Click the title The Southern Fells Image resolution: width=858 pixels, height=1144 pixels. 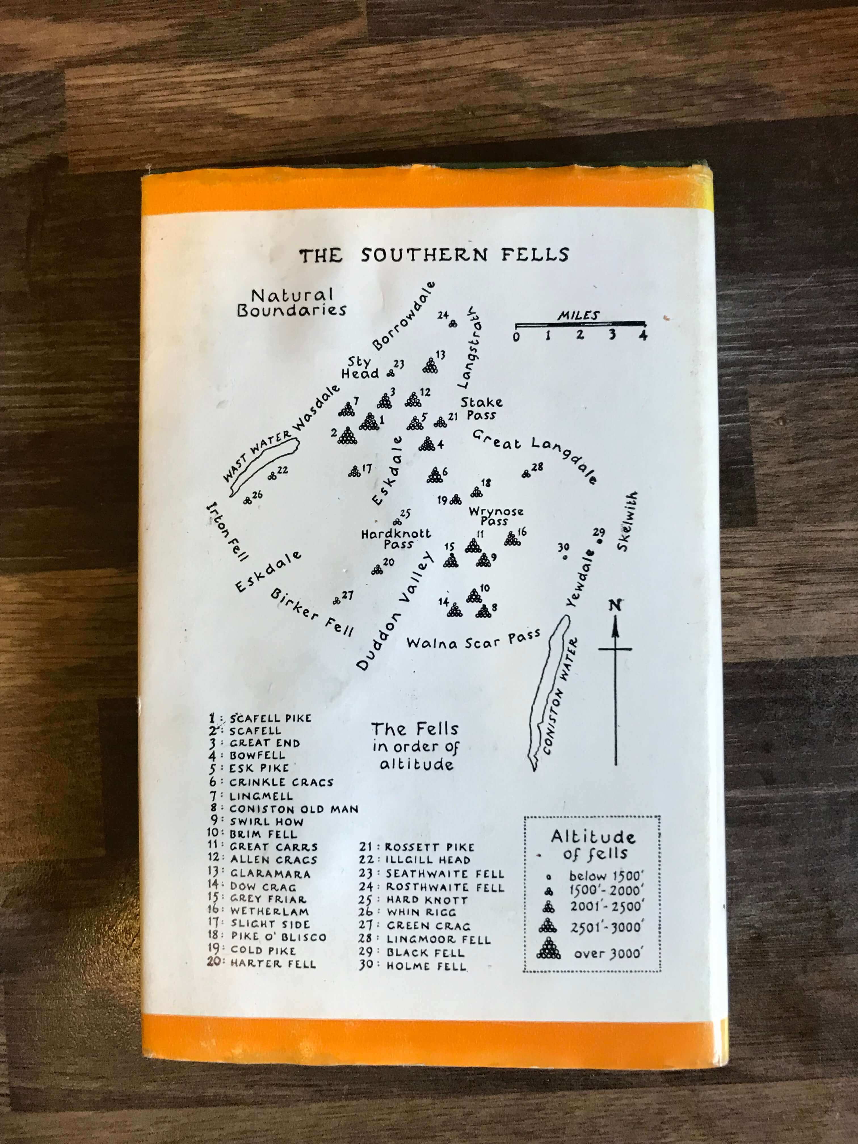[433, 255]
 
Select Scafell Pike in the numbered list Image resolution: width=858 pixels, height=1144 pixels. [270, 718]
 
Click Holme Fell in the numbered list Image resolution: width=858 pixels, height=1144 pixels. [426, 966]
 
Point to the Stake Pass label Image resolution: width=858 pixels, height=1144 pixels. [481, 408]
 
